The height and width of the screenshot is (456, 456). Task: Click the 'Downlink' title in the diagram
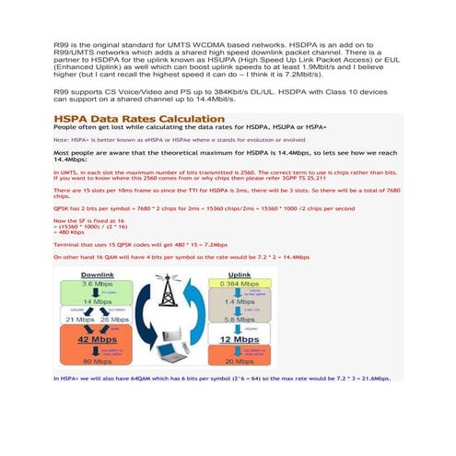click(98, 275)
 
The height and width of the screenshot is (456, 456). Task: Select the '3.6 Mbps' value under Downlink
click(97, 286)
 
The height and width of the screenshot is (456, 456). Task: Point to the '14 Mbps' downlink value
click(97, 301)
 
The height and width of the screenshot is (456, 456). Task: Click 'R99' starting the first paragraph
click(62, 44)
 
